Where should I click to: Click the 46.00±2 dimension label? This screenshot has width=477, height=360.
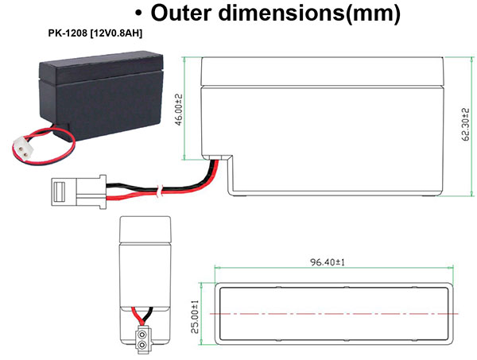pos(179,108)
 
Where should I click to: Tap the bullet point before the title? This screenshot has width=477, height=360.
pos(139,14)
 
